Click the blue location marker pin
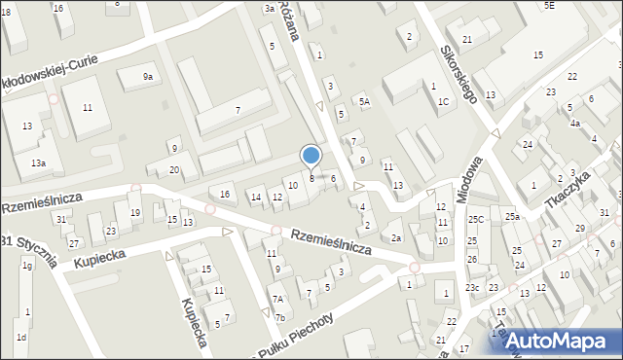pyautogui.click(x=311, y=156)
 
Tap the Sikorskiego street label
pyautogui.click(x=458, y=72)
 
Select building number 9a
pyautogui.click(x=148, y=77)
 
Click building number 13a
pyautogui.click(x=37, y=162)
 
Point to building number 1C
pyautogui.click(x=444, y=101)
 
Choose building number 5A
pyautogui.click(x=364, y=101)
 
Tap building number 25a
pyautogui.click(x=512, y=216)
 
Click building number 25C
pyautogui.click(x=475, y=220)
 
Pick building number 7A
pyautogui.click(x=277, y=300)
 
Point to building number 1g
pyautogui.click(x=27, y=266)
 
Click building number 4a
pyautogui.click(x=575, y=124)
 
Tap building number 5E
pyautogui.click(x=549, y=6)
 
